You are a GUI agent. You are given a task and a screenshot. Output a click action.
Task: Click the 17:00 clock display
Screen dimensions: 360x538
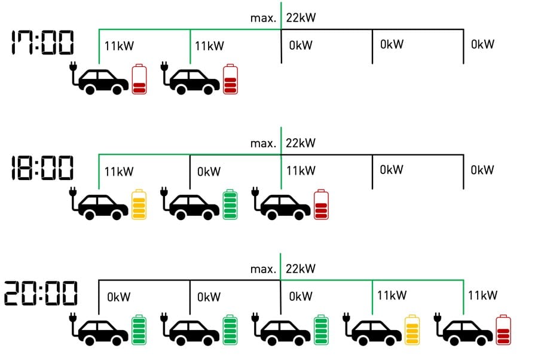42,44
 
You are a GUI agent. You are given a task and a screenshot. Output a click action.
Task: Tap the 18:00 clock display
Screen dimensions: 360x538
42,167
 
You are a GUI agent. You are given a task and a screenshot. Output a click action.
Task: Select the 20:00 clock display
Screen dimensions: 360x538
41,294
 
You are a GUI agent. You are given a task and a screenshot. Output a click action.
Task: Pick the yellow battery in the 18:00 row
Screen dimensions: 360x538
139,205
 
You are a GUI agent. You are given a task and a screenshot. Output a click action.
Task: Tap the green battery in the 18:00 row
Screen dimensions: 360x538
230,205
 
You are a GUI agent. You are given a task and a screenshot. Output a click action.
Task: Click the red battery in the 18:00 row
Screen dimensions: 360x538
322,205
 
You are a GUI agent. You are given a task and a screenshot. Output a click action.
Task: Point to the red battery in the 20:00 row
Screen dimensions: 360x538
504,330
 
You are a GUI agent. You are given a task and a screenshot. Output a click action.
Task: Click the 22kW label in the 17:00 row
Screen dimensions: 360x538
301,18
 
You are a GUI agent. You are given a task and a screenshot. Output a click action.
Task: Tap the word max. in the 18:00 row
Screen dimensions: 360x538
263,144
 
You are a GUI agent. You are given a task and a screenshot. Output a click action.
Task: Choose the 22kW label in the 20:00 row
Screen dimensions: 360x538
301,269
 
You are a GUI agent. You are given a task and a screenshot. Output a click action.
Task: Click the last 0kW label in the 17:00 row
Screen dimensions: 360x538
482,44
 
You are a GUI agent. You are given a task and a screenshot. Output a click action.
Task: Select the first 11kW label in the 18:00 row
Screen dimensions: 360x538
119,172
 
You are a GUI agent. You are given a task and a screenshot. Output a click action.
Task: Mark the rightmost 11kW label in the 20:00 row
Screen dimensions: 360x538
482,295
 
